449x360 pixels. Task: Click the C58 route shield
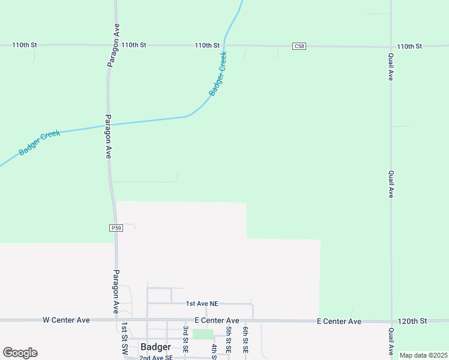tap(300, 46)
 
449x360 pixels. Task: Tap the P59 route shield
tap(116, 228)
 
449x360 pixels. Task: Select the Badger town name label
tap(155, 347)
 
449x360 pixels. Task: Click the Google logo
tap(20, 353)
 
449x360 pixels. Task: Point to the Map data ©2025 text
tap(423, 355)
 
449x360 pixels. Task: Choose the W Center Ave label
tap(66, 320)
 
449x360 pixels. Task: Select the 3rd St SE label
tap(186, 340)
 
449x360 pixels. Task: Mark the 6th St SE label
tap(246, 340)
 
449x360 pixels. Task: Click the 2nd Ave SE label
tap(155, 358)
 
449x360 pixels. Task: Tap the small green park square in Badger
tap(203, 334)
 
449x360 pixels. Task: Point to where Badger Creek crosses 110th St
tap(224, 44)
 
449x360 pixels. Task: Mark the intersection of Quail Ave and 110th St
tap(391, 46)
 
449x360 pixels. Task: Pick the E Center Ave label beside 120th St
tap(339, 322)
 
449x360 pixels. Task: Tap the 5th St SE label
tap(229, 340)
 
